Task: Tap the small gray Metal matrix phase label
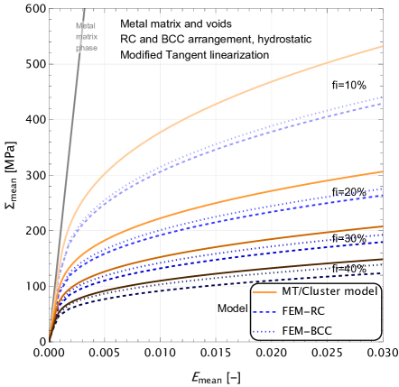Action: click(86, 37)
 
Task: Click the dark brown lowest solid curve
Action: click(271, 272)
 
